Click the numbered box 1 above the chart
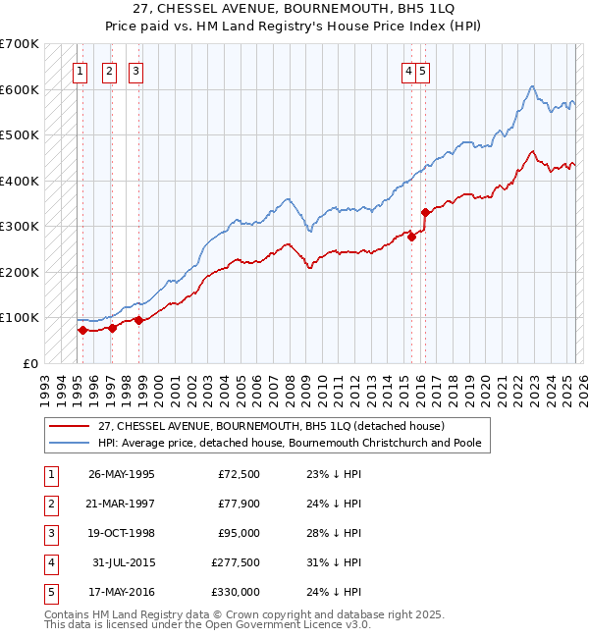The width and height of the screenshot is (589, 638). point(80,70)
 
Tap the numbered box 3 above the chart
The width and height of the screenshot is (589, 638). point(135,70)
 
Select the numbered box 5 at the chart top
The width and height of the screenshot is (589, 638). point(422,70)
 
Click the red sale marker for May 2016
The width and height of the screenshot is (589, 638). point(425,212)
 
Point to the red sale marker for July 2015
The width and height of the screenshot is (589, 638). point(412,236)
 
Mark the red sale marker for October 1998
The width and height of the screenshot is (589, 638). point(138,319)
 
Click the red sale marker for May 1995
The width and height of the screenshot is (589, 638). point(83,330)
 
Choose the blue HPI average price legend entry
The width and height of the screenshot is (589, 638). point(289,443)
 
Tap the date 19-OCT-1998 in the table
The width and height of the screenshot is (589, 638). point(122,533)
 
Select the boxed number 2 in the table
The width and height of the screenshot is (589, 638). point(50,504)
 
